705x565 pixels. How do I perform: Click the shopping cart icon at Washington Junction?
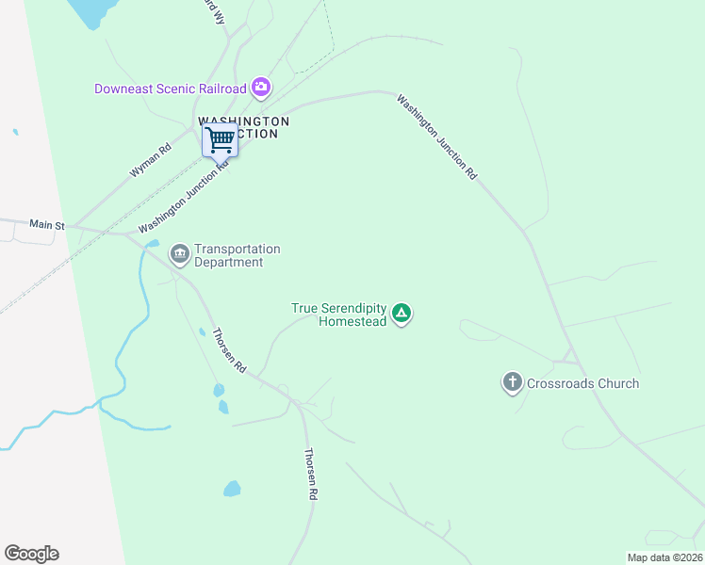220,140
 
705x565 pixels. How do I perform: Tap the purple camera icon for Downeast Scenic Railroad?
261,89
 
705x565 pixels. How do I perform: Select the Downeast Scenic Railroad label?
171,89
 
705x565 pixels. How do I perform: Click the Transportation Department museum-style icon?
179,254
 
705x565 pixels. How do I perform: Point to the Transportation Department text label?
237,255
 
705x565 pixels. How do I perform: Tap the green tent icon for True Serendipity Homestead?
402,313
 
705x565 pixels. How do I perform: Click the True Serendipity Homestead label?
339,315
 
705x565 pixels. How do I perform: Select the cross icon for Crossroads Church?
512,382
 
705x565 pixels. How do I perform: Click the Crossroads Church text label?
582,383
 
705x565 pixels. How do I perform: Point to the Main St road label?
46,225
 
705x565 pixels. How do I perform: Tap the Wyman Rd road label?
152,161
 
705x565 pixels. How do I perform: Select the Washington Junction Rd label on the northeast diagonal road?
436,137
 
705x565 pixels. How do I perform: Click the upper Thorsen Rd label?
228,350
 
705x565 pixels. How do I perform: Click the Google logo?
31,554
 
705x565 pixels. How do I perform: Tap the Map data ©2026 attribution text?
664,557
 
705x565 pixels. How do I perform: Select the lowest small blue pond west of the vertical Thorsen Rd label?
231,489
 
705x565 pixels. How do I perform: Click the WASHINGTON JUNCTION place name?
243,127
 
